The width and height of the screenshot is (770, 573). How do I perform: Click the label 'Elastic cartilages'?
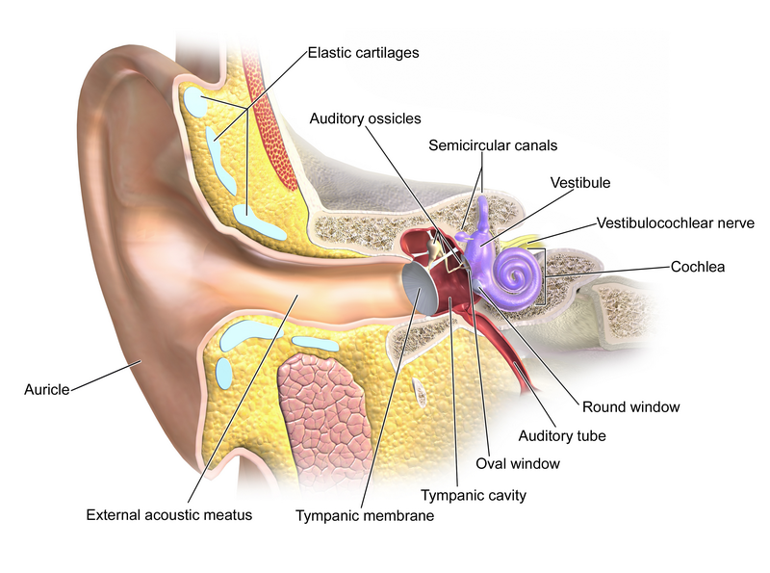(x=365, y=52)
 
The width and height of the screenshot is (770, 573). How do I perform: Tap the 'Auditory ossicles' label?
(x=365, y=118)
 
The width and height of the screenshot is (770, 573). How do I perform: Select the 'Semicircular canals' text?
(x=493, y=145)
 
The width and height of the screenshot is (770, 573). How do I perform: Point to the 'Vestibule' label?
(x=580, y=181)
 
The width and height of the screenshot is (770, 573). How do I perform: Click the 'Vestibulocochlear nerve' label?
(x=675, y=222)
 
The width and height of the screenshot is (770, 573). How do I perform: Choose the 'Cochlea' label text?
(x=697, y=266)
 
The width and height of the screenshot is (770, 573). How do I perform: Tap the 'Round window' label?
(x=630, y=406)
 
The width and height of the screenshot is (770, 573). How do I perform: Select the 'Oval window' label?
(x=518, y=463)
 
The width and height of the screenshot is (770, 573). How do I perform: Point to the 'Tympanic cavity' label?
(x=474, y=496)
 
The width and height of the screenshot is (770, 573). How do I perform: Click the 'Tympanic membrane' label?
(x=365, y=516)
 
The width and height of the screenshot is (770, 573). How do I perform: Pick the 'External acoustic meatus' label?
(x=168, y=514)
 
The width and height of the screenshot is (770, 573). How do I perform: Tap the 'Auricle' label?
(x=46, y=390)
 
